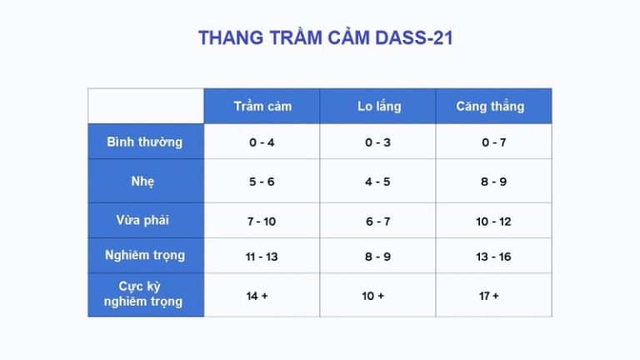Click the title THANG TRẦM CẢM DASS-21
point(325,38)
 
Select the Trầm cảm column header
point(262,107)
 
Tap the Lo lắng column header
point(378,107)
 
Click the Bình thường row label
point(145,142)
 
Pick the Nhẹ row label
point(145,181)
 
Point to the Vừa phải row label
point(145,221)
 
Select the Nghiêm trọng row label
point(145,256)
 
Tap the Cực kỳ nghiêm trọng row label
point(145,294)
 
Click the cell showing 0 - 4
point(262,142)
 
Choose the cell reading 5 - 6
point(262,182)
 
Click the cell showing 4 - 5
point(377,182)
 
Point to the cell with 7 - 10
point(262,222)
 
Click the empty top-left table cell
point(146,106)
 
